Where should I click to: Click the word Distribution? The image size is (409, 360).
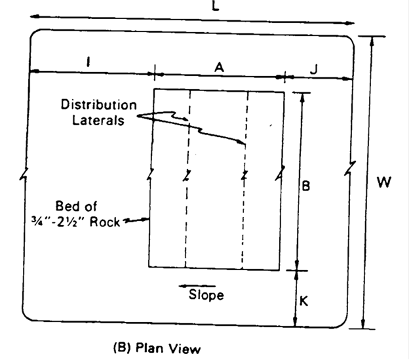pos(99,105)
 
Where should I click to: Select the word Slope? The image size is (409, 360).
pos(206,295)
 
